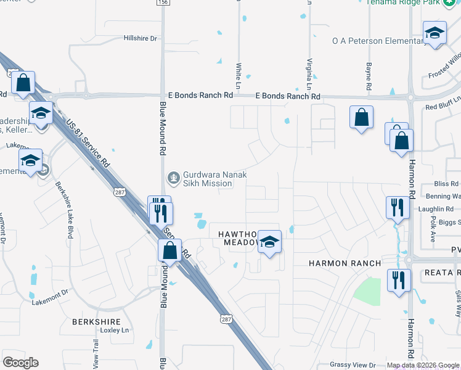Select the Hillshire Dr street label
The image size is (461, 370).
click(141, 38)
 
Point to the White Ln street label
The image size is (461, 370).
click(239, 73)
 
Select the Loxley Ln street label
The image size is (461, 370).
click(117, 330)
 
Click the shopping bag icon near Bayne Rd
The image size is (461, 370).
click(361, 117)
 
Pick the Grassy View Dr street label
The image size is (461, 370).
click(353, 365)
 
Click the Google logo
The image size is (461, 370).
click(20, 363)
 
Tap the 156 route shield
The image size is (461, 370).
click(163, 2)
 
